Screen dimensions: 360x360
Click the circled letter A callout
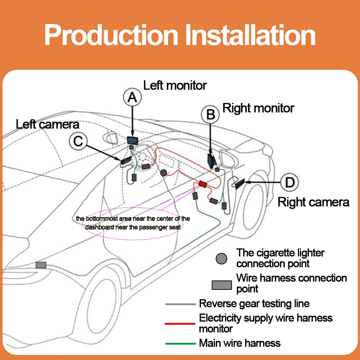(x=132, y=97)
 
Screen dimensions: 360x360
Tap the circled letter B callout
(x=210, y=114)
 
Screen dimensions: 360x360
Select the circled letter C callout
(x=78, y=141)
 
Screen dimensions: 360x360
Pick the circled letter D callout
(x=289, y=182)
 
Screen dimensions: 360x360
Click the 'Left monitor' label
(x=175, y=85)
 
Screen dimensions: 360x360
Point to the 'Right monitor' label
(x=258, y=108)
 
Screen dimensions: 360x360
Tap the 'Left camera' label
(x=48, y=124)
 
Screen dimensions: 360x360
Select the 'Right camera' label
(x=314, y=202)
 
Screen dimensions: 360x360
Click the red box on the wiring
(x=202, y=184)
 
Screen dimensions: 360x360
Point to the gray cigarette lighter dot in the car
(x=163, y=173)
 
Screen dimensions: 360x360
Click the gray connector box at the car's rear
(x=41, y=265)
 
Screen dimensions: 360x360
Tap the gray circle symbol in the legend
(x=221, y=258)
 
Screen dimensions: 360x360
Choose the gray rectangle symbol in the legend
(x=221, y=285)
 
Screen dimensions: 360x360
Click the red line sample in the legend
(x=180, y=324)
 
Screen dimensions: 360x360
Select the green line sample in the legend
(x=180, y=343)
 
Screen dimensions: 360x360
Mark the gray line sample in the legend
(x=180, y=304)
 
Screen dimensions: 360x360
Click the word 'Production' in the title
(x=111, y=35)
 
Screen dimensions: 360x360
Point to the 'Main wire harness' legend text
(x=240, y=343)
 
